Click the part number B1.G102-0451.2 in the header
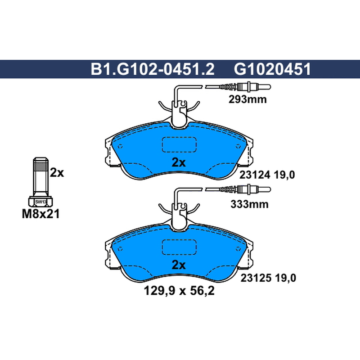coord(153,69)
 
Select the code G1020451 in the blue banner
coord(272,69)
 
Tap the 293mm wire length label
coord(247,99)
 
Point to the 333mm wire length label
coord(249,204)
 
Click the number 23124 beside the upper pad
coord(255,175)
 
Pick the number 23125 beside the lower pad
coord(256,278)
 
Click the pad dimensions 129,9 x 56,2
coord(179,291)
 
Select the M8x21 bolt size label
coord(41,214)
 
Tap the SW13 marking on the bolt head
coord(40,202)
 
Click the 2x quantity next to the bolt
coord(57,173)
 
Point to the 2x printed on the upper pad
coord(179,162)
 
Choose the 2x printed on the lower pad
coord(179,265)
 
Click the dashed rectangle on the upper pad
coord(179,144)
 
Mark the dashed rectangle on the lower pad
coord(179,247)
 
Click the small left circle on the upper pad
coord(120,146)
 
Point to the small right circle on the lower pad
coord(238,249)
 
